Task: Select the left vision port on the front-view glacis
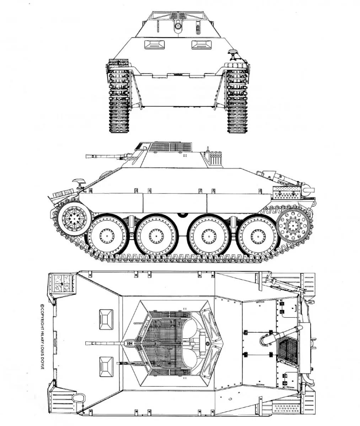click(x=155, y=44)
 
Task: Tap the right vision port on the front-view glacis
click(x=202, y=44)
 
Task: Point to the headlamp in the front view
click(x=233, y=52)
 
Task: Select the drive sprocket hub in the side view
click(x=74, y=219)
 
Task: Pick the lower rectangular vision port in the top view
click(x=106, y=367)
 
